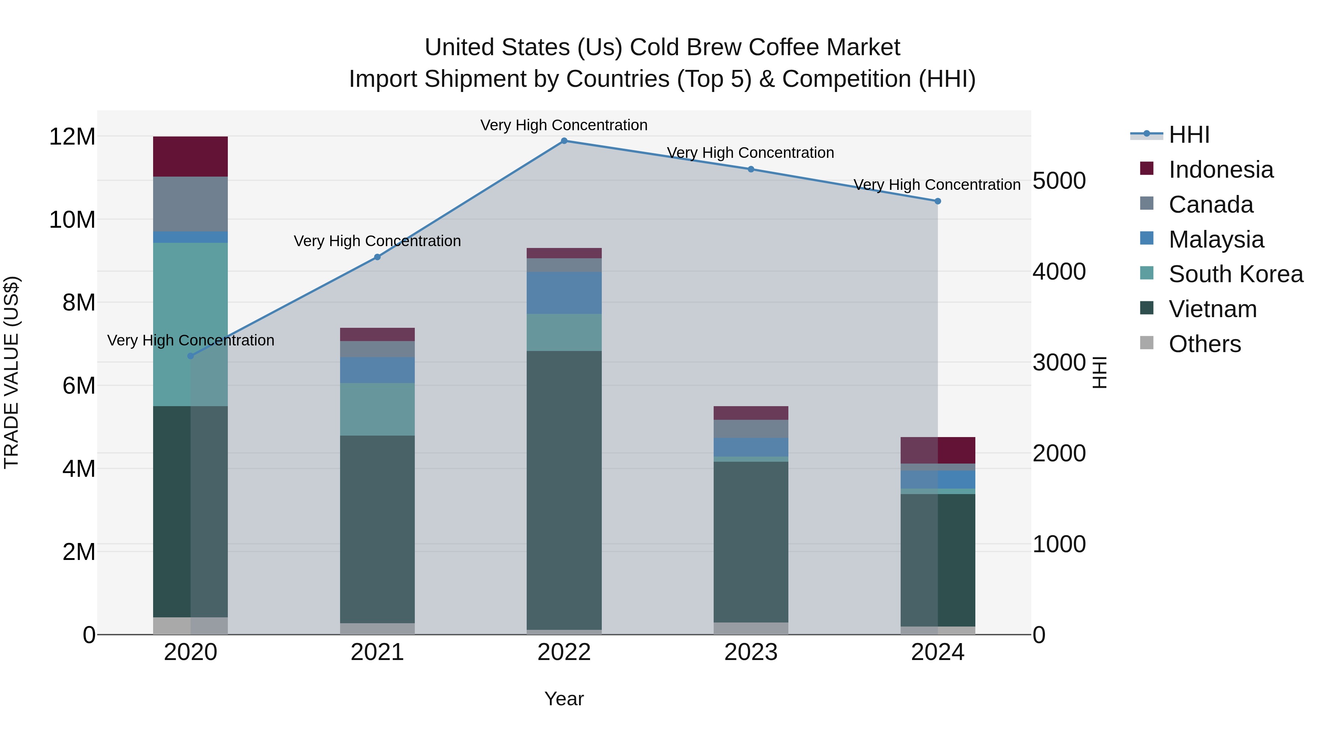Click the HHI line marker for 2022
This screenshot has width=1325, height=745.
click(x=564, y=141)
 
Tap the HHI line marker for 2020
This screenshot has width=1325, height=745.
click(x=190, y=356)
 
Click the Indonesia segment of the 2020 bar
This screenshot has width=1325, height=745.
click(x=190, y=156)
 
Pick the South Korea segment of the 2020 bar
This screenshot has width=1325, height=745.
click(x=190, y=324)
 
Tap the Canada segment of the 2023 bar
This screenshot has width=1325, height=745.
click(x=750, y=429)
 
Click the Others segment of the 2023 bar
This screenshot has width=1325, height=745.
click(x=750, y=628)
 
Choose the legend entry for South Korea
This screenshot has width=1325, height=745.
click(x=1236, y=274)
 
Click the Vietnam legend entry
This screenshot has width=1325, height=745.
click(x=1212, y=309)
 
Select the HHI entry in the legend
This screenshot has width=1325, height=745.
click(x=1189, y=135)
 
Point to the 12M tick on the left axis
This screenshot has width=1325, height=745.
click(x=72, y=137)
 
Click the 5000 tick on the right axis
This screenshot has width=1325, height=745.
click(x=1059, y=181)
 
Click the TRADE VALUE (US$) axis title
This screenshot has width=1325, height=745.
click(x=11, y=372)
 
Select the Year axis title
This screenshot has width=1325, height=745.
click(x=564, y=699)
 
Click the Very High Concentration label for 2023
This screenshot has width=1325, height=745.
click(x=750, y=153)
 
